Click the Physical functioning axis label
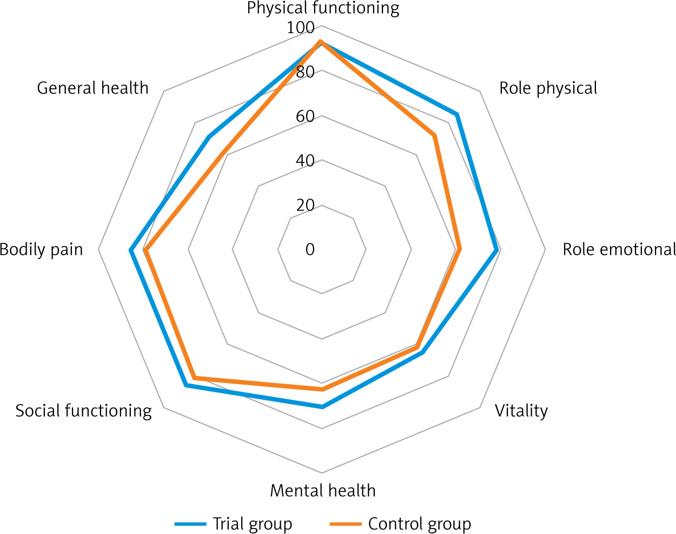(323, 9)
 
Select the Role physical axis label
(548, 88)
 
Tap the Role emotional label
(619, 249)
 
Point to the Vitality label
(521, 411)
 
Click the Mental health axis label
(323, 491)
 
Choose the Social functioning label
(84, 411)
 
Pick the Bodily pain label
(42, 249)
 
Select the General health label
(92, 88)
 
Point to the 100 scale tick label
(301, 28)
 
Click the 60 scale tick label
(305, 116)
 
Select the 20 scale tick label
(305, 205)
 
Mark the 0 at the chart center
(310, 249)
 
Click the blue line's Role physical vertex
(457, 115)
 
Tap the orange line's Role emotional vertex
(459, 249)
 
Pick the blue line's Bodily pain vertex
(130, 250)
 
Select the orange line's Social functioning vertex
(195, 377)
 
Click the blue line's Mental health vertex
(322, 407)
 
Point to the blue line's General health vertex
(209, 137)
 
